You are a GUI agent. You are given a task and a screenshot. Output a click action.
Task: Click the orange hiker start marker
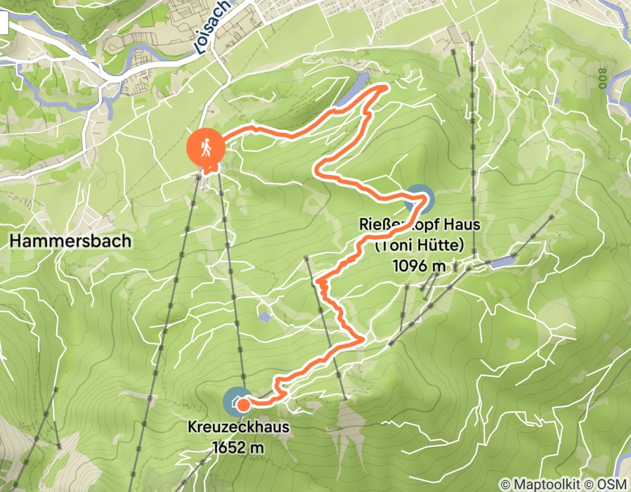205,148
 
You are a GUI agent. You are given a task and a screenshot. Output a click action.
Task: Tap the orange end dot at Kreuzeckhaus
242,404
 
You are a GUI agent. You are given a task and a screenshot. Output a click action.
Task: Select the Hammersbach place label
71,241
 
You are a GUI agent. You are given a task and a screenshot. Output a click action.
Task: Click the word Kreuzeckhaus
238,427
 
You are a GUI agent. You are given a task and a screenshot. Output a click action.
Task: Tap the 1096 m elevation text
419,266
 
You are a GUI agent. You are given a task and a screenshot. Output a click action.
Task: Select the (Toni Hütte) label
419,246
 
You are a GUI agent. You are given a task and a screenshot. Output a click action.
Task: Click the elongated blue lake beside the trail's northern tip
351,93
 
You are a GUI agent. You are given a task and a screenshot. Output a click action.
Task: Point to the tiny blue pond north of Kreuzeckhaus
264,318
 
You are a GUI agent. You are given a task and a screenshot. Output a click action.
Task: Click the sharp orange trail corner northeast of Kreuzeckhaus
361,339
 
